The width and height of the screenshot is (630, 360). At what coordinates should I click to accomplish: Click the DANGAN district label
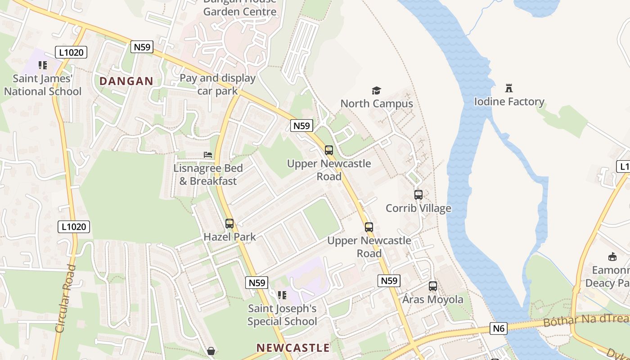(x=126, y=81)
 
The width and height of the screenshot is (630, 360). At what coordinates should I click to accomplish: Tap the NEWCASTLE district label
(x=293, y=348)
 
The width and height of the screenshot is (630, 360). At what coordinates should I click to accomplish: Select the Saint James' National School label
(x=43, y=85)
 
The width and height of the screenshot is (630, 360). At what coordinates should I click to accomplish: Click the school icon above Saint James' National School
(x=43, y=65)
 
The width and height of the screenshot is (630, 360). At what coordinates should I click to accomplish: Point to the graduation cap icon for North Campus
(x=376, y=91)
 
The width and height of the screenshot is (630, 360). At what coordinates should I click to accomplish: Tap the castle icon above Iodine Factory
(x=509, y=88)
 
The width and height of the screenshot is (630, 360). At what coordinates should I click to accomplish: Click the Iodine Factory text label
(x=509, y=102)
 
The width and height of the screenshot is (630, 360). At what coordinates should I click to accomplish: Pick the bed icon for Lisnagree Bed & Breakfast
(x=208, y=155)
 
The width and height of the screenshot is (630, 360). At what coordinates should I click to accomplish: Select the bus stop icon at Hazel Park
(x=229, y=224)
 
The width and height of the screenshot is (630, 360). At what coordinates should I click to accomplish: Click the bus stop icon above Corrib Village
(x=418, y=195)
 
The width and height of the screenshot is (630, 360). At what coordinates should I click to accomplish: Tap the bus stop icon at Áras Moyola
(x=433, y=286)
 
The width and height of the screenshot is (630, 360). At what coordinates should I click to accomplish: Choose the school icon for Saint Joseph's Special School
(x=282, y=295)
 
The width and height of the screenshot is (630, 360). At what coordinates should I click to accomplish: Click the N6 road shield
(x=499, y=328)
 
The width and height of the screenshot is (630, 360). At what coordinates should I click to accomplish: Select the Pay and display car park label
(x=218, y=84)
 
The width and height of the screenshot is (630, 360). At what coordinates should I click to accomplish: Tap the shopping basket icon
(x=211, y=351)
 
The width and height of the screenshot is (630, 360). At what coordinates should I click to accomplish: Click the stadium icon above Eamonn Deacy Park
(x=612, y=257)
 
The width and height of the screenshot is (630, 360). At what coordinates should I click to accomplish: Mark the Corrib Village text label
(x=418, y=208)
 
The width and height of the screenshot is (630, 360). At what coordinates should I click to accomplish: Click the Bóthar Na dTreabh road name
(x=585, y=320)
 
